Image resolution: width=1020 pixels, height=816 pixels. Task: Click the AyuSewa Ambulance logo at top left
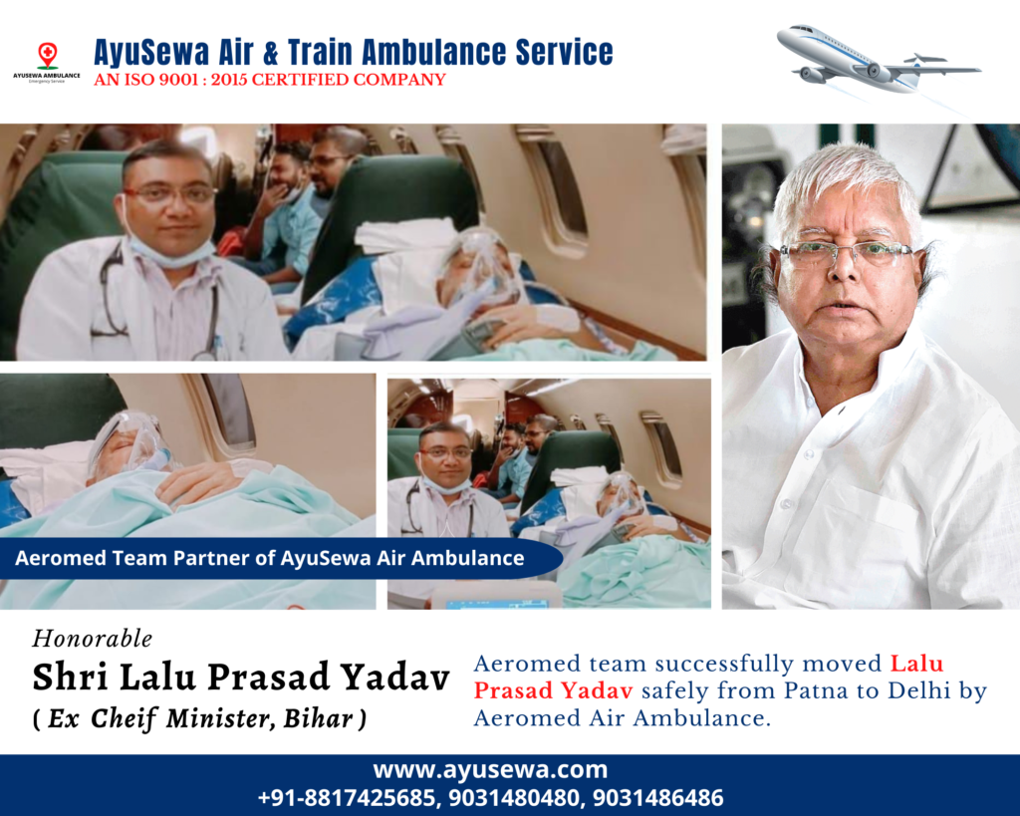47,63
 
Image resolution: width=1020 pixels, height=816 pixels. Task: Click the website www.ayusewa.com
490,770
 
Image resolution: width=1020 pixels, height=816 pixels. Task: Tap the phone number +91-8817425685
346,798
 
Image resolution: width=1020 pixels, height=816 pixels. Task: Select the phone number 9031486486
657,798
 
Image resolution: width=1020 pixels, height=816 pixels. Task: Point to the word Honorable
93,639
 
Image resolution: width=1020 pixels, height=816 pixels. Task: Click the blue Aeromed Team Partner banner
280,558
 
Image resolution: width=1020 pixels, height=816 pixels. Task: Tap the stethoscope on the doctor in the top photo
111,293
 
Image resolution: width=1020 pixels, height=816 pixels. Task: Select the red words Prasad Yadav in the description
553,690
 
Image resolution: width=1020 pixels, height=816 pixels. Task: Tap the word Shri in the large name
71,677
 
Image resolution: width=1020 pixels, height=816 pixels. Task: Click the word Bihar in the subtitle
319,718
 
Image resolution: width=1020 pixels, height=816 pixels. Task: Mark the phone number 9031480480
514,798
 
